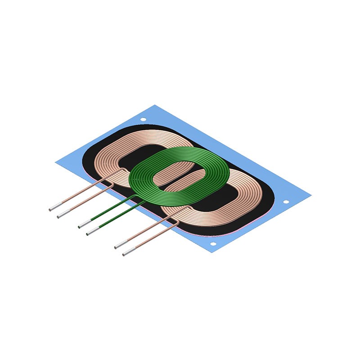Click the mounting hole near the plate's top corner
[x=143, y=120]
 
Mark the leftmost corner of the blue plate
[x=55, y=162]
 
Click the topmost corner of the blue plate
[x=155, y=105]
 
